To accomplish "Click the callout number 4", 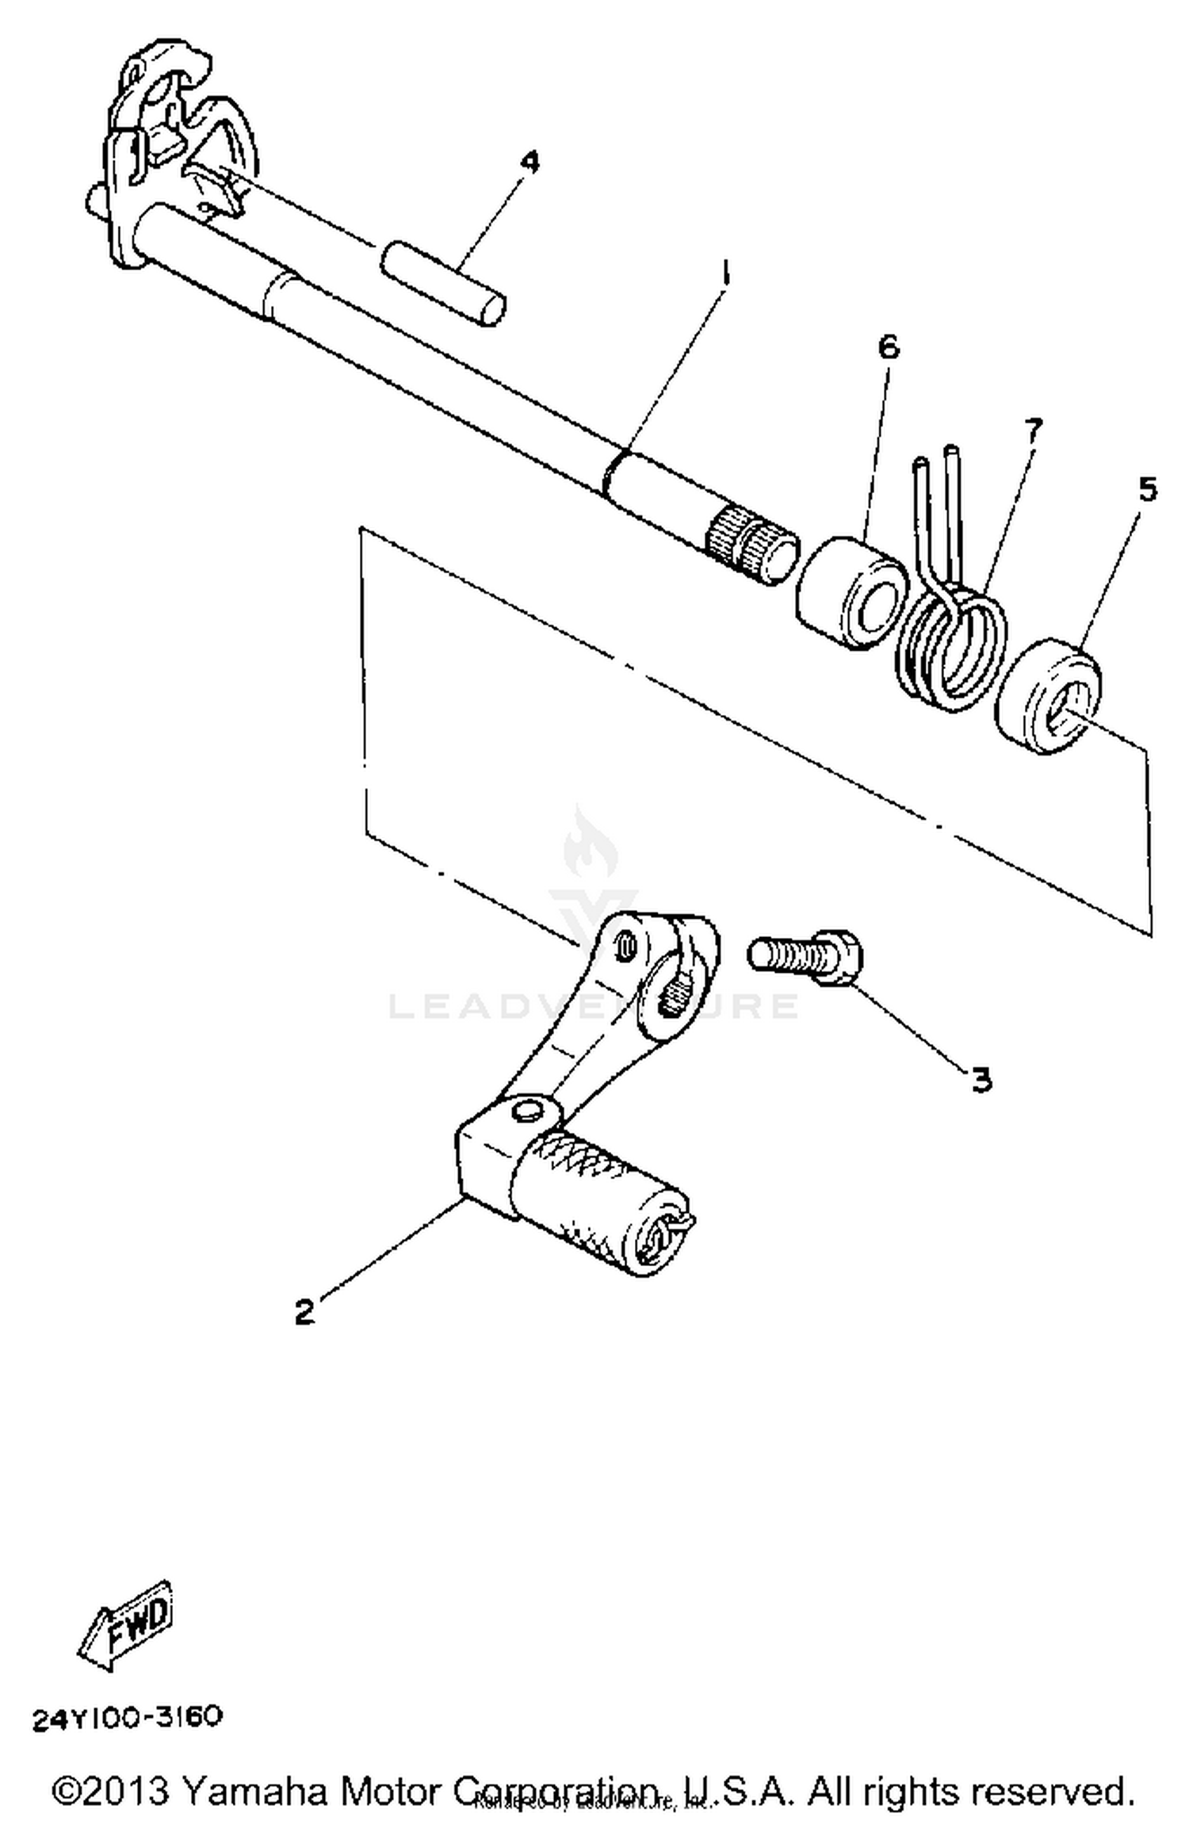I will (530, 162).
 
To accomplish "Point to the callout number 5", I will (1147, 489).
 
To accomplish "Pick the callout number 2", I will (304, 1311).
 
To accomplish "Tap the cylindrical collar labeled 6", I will (851, 593).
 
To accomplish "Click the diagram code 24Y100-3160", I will (127, 1717).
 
